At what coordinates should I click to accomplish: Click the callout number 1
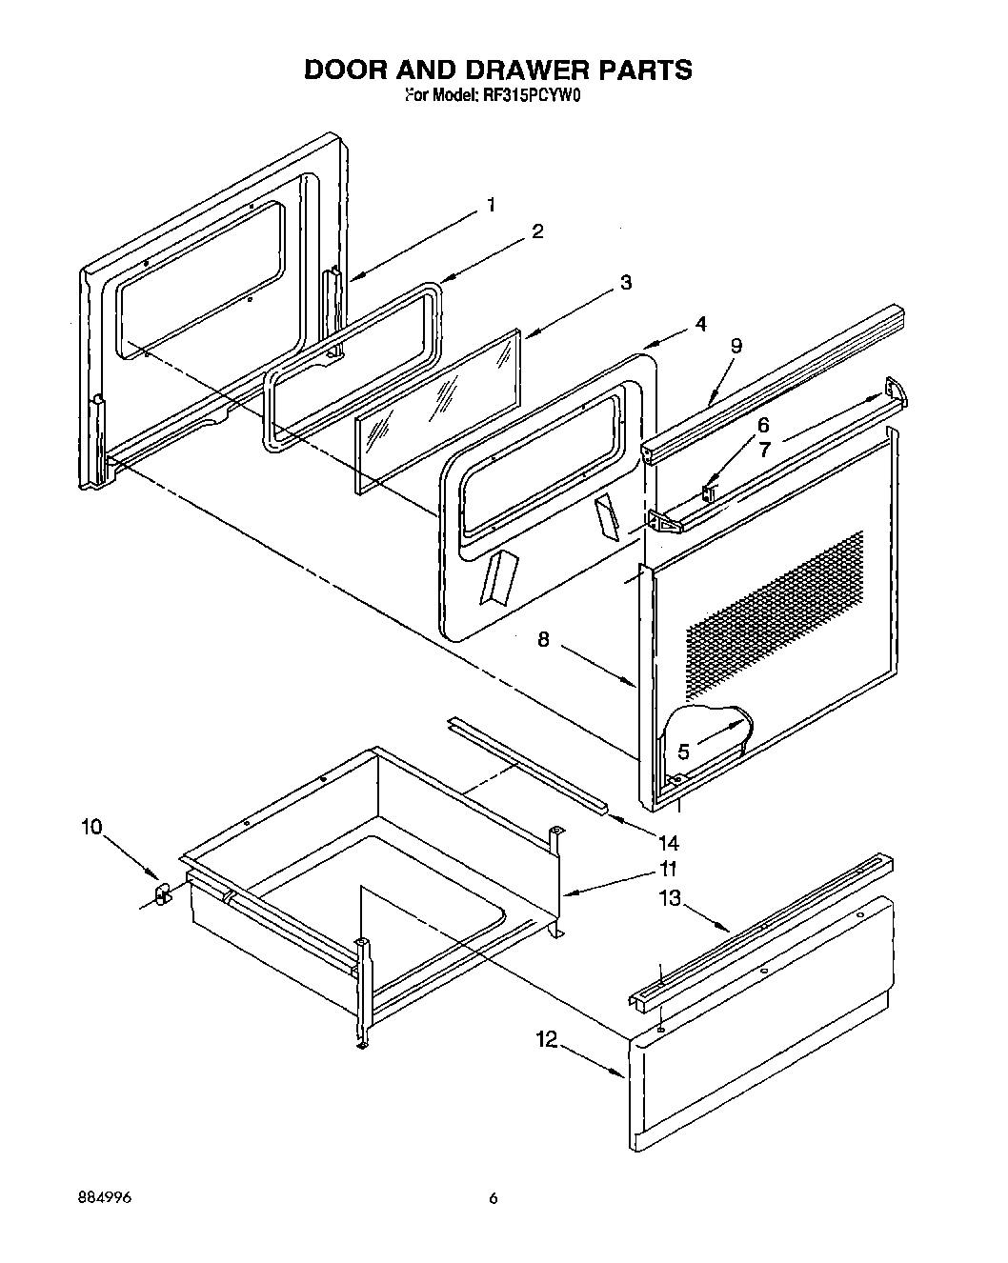pos(491,204)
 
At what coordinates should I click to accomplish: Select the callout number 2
pos(537,231)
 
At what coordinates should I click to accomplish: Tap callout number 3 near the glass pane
pos(625,283)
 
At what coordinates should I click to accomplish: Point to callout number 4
pos(700,324)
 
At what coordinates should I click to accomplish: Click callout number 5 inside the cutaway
pos(682,752)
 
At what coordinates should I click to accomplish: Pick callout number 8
pos(543,640)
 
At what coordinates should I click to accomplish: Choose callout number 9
pos(736,347)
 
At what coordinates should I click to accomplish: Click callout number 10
pos(90,827)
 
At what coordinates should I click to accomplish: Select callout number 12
pos(546,1040)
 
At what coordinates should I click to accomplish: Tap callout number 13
pos(670,898)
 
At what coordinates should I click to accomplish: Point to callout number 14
pos(668,842)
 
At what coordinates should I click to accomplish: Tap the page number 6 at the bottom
pos(493,1198)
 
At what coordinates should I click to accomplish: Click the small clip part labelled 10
pos(162,893)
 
